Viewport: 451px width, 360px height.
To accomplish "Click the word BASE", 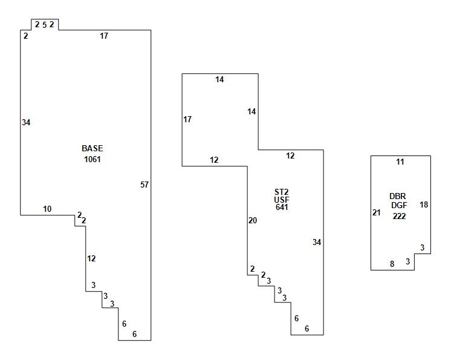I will coord(92,148).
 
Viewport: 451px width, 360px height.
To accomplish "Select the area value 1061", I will coord(92,160).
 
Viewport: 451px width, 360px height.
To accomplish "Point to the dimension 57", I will coord(144,185).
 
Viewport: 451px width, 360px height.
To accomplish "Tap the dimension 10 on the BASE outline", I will coord(47,209).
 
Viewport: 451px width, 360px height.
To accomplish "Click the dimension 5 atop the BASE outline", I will coord(44,25).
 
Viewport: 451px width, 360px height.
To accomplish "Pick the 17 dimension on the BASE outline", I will coord(104,36).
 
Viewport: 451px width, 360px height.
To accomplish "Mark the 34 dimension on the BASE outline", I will coord(26,122).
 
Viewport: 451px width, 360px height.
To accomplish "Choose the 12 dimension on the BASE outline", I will coord(91,258).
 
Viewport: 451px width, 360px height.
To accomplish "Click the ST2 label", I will coord(281,192).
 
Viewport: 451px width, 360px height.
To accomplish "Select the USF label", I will coord(281,200).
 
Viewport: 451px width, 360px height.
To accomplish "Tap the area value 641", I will coord(281,208).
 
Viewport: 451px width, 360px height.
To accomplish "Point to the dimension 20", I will coord(253,220).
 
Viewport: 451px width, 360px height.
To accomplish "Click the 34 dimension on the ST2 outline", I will coord(317,242).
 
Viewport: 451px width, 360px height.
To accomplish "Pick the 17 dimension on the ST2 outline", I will coord(187,119).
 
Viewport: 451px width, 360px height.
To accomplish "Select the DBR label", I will coord(398,196).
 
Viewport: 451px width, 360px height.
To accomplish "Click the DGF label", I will coord(399,205).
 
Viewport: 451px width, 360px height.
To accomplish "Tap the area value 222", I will coord(399,216).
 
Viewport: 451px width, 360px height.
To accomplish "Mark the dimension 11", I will coord(400,162).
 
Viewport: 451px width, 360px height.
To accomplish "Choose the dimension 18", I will coord(424,205).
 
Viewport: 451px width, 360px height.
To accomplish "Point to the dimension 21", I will coord(377,212).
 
